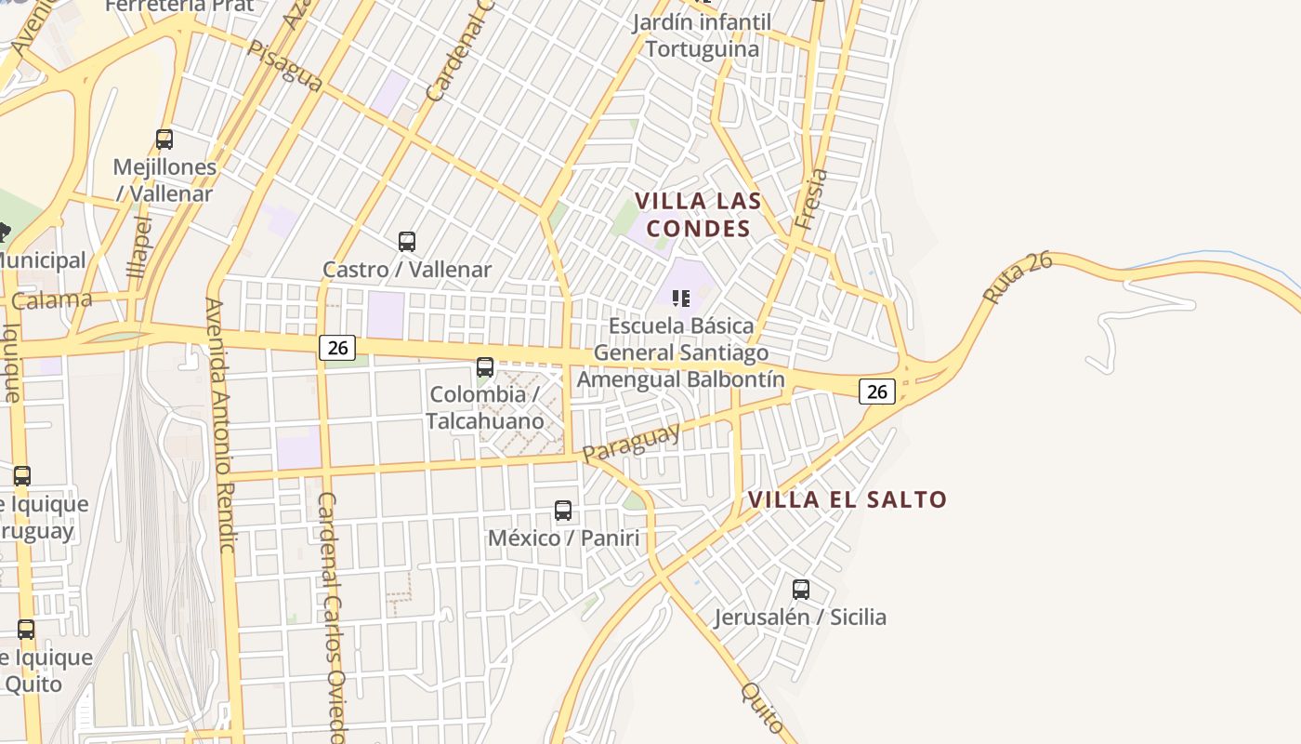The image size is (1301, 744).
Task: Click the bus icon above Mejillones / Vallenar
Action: click(164, 139)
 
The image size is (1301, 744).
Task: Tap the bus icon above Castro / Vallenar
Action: click(407, 242)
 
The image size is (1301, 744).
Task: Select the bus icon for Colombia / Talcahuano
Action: click(485, 367)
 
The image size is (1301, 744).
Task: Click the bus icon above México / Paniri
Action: click(563, 511)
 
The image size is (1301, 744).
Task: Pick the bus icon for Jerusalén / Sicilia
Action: click(801, 590)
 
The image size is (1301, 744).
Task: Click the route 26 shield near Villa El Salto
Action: click(877, 392)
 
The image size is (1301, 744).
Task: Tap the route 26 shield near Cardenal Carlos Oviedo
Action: click(337, 348)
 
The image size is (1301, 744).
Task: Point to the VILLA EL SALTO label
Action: click(848, 499)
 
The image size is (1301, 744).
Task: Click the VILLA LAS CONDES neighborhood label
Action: click(698, 215)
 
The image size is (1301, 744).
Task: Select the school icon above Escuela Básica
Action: click(681, 299)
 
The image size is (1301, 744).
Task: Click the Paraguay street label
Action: click(631, 442)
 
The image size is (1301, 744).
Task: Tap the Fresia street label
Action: click(810, 199)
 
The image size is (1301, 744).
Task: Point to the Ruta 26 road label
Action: click(1018, 276)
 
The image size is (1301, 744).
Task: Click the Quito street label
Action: click(763, 708)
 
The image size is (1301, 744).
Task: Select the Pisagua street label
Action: click(284, 66)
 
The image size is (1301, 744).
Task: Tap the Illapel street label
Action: click(139, 246)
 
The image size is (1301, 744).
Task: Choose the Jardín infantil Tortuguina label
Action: click(703, 35)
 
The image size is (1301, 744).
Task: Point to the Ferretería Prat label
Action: click(179, 7)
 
